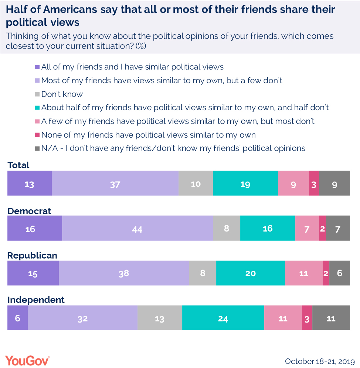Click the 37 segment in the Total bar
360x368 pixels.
point(115,183)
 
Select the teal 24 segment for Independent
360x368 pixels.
point(223,318)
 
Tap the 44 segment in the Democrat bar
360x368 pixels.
point(137,229)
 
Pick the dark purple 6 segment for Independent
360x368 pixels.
point(17,318)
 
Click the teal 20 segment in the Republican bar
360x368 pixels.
point(250,273)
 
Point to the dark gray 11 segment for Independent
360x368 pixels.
point(331,318)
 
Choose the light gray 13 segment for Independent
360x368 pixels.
point(160,318)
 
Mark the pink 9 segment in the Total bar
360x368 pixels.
point(293,183)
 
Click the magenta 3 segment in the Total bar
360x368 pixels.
point(314,183)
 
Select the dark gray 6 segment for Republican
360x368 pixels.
point(339,273)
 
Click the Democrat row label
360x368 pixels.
point(29,211)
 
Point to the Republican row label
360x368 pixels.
point(32,256)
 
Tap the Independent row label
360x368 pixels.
point(36,300)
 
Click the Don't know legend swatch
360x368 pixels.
point(37,94)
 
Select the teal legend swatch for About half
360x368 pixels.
point(37,108)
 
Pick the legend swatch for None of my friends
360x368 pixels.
point(37,135)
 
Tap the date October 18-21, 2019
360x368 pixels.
point(320,361)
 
